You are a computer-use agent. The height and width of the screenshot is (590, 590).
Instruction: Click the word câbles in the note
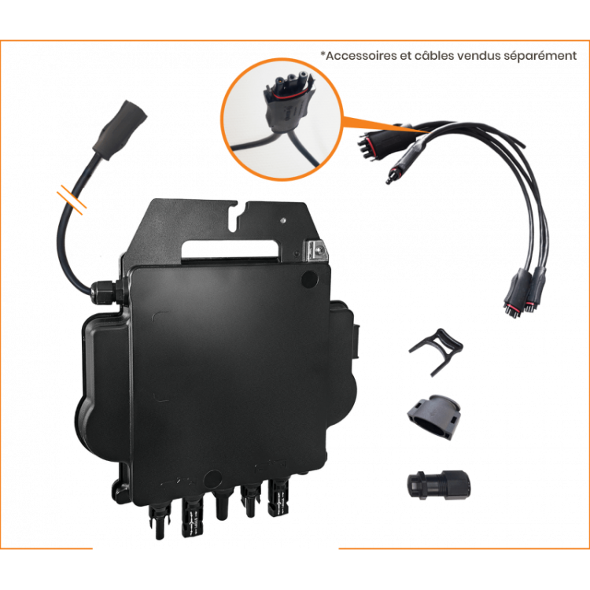pos(433,56)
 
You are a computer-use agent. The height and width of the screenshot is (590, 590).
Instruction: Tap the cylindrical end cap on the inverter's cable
pos(120,129)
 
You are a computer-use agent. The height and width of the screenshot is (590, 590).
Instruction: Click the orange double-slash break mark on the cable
pos(72,199)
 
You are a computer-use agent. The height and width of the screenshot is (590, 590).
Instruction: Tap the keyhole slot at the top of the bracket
pos(234,216)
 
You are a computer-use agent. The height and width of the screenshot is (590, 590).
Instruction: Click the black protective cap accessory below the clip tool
pos(434,416)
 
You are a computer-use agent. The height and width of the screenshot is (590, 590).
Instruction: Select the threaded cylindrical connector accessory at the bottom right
pos(439,485)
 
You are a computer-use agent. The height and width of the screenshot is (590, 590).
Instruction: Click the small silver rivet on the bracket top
pos(284,219)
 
